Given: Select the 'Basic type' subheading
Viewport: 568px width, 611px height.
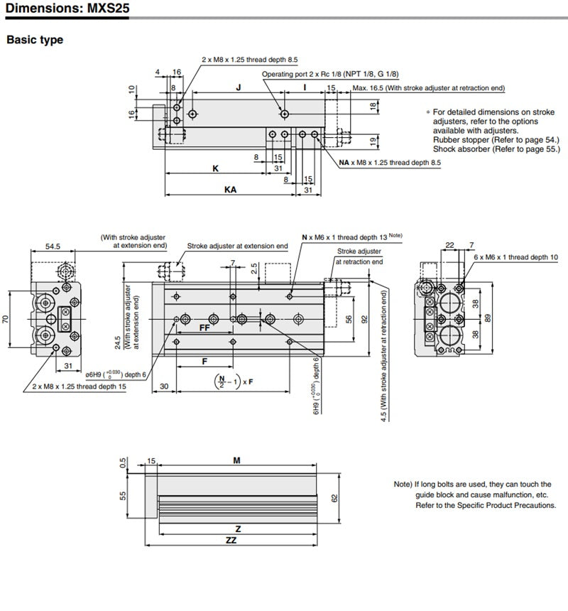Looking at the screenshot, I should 35,40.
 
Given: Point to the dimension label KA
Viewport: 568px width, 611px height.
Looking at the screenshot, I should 230,190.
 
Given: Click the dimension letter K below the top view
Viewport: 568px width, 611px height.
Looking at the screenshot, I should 215,169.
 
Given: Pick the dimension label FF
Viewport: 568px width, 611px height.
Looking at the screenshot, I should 204,329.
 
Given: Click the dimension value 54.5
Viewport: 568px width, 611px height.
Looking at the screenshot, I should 53,246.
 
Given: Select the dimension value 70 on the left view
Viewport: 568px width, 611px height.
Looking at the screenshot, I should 6,320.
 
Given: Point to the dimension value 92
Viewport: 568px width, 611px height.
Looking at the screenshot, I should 365,319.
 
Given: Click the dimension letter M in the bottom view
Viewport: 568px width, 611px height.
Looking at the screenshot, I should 237,460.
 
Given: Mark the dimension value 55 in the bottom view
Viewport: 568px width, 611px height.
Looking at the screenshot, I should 122,495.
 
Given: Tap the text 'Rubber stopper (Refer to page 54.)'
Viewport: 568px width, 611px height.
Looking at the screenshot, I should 496,140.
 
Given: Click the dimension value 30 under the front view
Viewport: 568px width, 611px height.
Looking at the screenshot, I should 164,386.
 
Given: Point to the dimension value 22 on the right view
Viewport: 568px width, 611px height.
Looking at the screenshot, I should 449,245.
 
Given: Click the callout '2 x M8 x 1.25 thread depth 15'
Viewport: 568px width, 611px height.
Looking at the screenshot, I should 79,386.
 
